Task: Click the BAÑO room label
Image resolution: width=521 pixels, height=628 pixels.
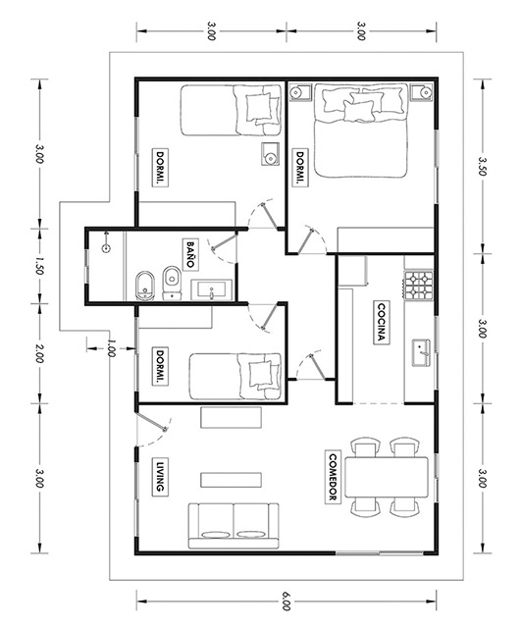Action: (x=189, y=254)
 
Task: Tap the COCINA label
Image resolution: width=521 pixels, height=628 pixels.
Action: (x=382, y=323)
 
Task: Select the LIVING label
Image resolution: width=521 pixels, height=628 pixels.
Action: (x=160, y=476)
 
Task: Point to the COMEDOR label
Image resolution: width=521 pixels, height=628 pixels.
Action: (x=333, y=478)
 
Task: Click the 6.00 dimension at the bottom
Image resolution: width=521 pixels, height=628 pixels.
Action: (x=286, y=601)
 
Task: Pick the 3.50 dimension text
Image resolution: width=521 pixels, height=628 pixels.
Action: (x=482, y=166)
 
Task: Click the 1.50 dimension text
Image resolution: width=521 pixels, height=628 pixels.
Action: (x=39, y=266)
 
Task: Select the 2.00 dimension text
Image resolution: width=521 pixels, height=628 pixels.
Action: (x=39, y=353)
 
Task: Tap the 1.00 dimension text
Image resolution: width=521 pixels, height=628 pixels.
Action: (x=111, y=348)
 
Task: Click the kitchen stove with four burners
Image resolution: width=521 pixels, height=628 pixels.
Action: (x=419, y=286)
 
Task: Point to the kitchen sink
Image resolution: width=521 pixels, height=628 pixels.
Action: (x=421, y=352)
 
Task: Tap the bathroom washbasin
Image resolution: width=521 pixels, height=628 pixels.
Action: (x=211, y=290)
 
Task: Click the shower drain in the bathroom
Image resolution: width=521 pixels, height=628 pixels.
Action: (x=106, y=248)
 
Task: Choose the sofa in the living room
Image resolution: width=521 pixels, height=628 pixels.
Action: (x=234, y=526)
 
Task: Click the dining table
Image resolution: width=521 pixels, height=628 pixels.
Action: (x=387, y=477)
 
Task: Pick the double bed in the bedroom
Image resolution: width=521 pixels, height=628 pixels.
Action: (x=361, y=131)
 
